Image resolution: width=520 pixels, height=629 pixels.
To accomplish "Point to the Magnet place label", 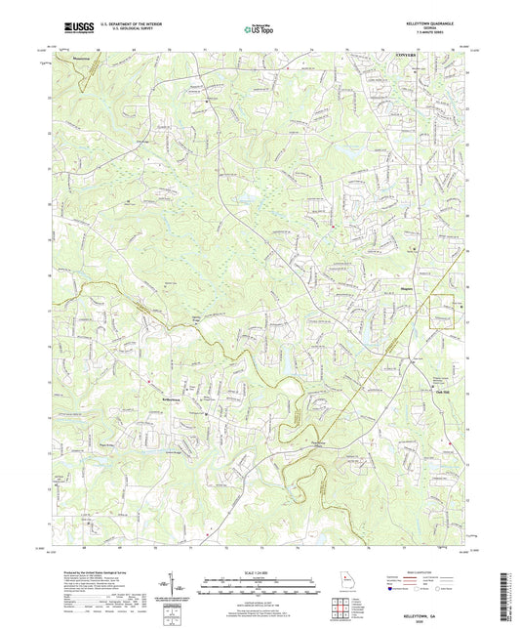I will click(x=408, y=288).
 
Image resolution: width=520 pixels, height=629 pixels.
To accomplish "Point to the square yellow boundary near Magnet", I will click(x=445, y=311).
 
